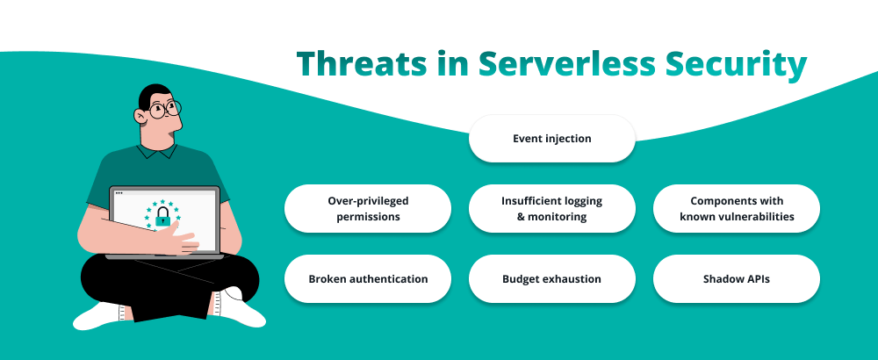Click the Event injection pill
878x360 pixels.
point(551,139)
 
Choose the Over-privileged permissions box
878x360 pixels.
point(367,208)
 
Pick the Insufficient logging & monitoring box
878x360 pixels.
point(551,208)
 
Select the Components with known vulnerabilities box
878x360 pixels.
point(736,208)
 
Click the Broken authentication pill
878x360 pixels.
point(367,279)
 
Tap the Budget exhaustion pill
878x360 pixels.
point(551,279)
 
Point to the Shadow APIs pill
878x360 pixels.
point(736,279)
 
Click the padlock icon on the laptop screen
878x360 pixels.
point(162,217)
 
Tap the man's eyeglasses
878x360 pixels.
point(164,110)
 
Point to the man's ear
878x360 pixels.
point(140,116)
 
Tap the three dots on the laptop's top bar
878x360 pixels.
point(119,192)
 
